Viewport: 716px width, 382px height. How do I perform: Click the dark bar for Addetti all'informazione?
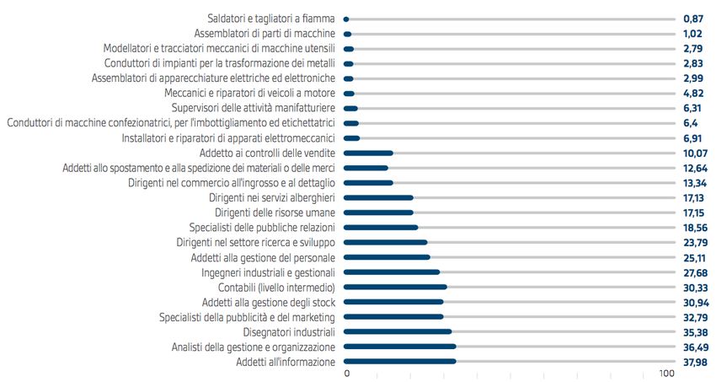(x=401, y=362)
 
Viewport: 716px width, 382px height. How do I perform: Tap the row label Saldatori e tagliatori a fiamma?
(x=271, y=19)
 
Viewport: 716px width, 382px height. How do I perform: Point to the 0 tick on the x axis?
(x=347, y=374)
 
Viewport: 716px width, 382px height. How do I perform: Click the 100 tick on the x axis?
(x=666, y=374)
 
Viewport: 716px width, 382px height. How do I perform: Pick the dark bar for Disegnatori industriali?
(x=398, y=331)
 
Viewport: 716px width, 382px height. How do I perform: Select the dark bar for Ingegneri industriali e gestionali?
(x=393, y=272)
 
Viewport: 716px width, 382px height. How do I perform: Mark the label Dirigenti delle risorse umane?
(x=275, y=213)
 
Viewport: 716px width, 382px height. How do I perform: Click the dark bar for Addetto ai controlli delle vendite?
(x=369, y=153)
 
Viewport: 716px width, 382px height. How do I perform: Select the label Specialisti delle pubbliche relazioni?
(x=262, y=228)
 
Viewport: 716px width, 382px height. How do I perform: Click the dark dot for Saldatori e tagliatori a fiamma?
(x=346, y=19)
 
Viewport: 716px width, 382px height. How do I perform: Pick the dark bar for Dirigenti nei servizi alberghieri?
(x=379, y=197)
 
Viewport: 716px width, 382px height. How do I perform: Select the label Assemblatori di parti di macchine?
(x=264, y=34)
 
